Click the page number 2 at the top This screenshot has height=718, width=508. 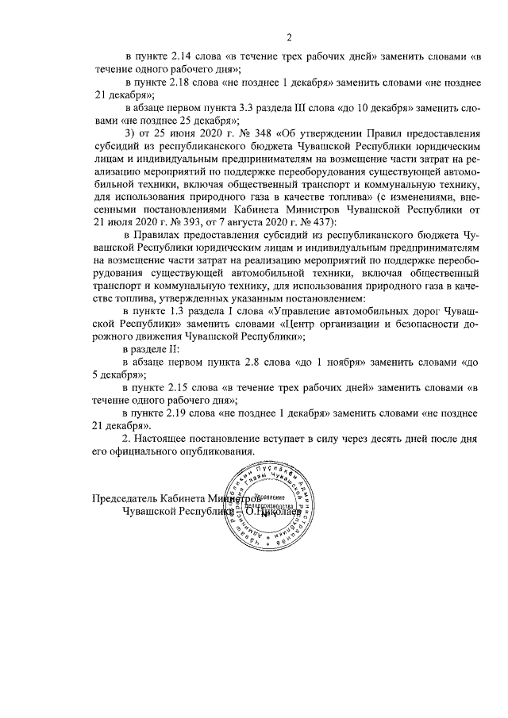point(289,36)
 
